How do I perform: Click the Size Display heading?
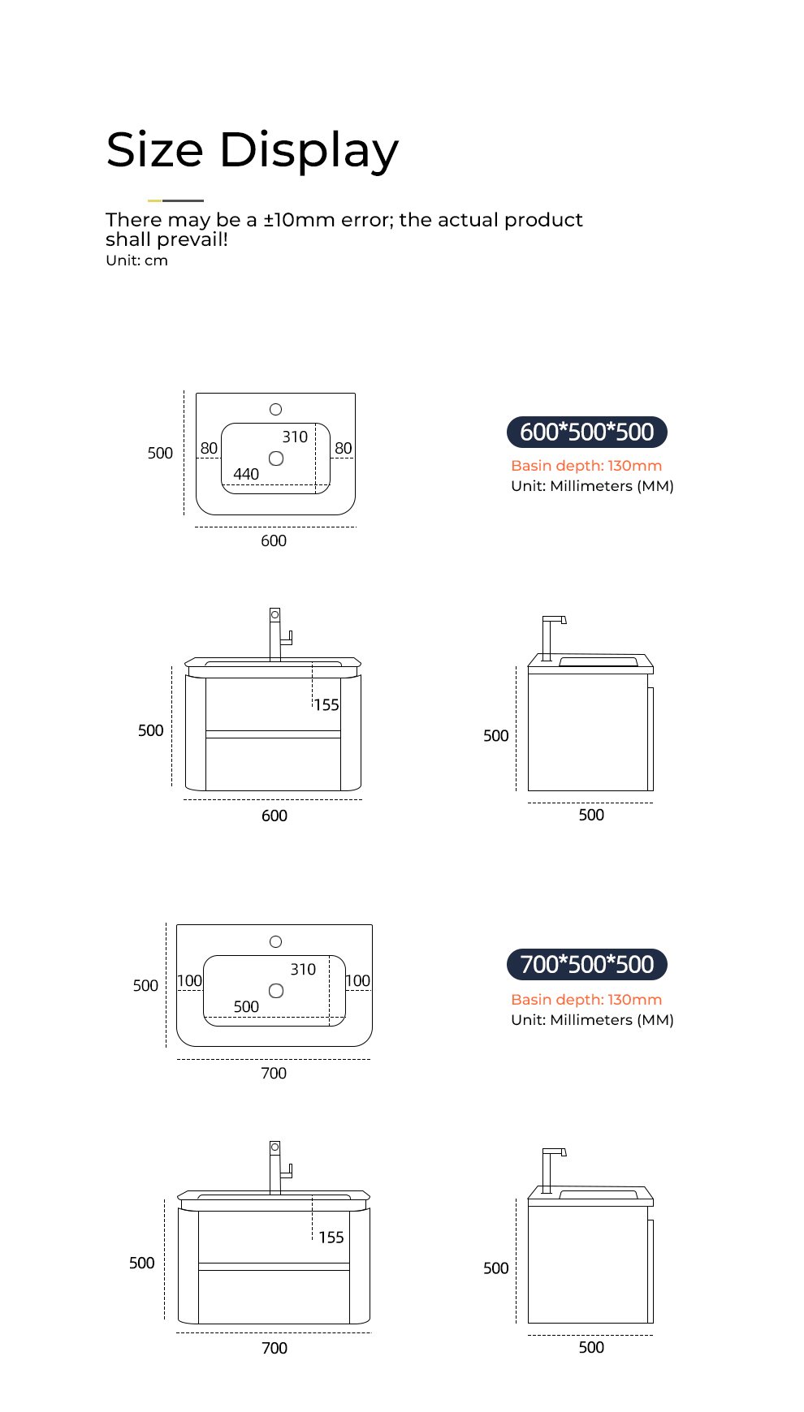click(x=252, y=150)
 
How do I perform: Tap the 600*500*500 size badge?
click(x=586, y=432)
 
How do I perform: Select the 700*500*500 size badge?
click(x=586, y=964)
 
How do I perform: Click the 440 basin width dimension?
click(x=246, y=474)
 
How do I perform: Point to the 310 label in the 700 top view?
click(x=303, y=969)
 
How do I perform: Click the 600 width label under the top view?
click(x=274, y=540)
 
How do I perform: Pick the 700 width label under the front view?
click(x=274, y=1348)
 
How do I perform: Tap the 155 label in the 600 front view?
click(x=326, y=705)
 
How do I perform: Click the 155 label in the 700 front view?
click(x=331, y=1238)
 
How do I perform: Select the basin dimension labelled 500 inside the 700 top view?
click(x=246, y=1006)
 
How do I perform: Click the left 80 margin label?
click(x=209, y=448)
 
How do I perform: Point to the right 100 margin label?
click(x=357, y=980)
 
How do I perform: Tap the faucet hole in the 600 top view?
click(x=275, y=410)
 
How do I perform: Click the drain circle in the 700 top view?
click(x=276, y=991)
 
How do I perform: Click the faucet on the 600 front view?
click(x=279, y=634)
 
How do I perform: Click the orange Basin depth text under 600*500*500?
click(x=586, y=466)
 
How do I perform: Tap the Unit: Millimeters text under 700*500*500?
click(x=592, y=1020)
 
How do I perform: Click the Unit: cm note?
click(x=136, y=260)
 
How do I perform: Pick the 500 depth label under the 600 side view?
click(x=591, y=815)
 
